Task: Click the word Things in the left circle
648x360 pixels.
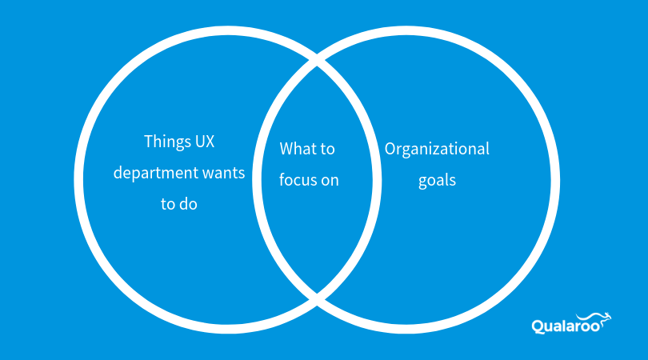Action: pos(166,142)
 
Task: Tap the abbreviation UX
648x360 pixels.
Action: pos(205,142)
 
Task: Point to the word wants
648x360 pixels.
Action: pos(225,173)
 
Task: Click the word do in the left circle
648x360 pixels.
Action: pos(188,203)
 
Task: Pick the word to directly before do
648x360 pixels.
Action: pos(168,203)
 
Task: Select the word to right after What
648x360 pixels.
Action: pos(328,149)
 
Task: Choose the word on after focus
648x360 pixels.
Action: pos(330,180)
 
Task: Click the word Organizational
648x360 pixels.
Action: pos(437,150)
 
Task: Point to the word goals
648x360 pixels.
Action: pos(437,180)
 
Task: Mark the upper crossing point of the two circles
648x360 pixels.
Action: pos(318,62)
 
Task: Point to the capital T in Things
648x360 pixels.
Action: pos(149,142)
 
